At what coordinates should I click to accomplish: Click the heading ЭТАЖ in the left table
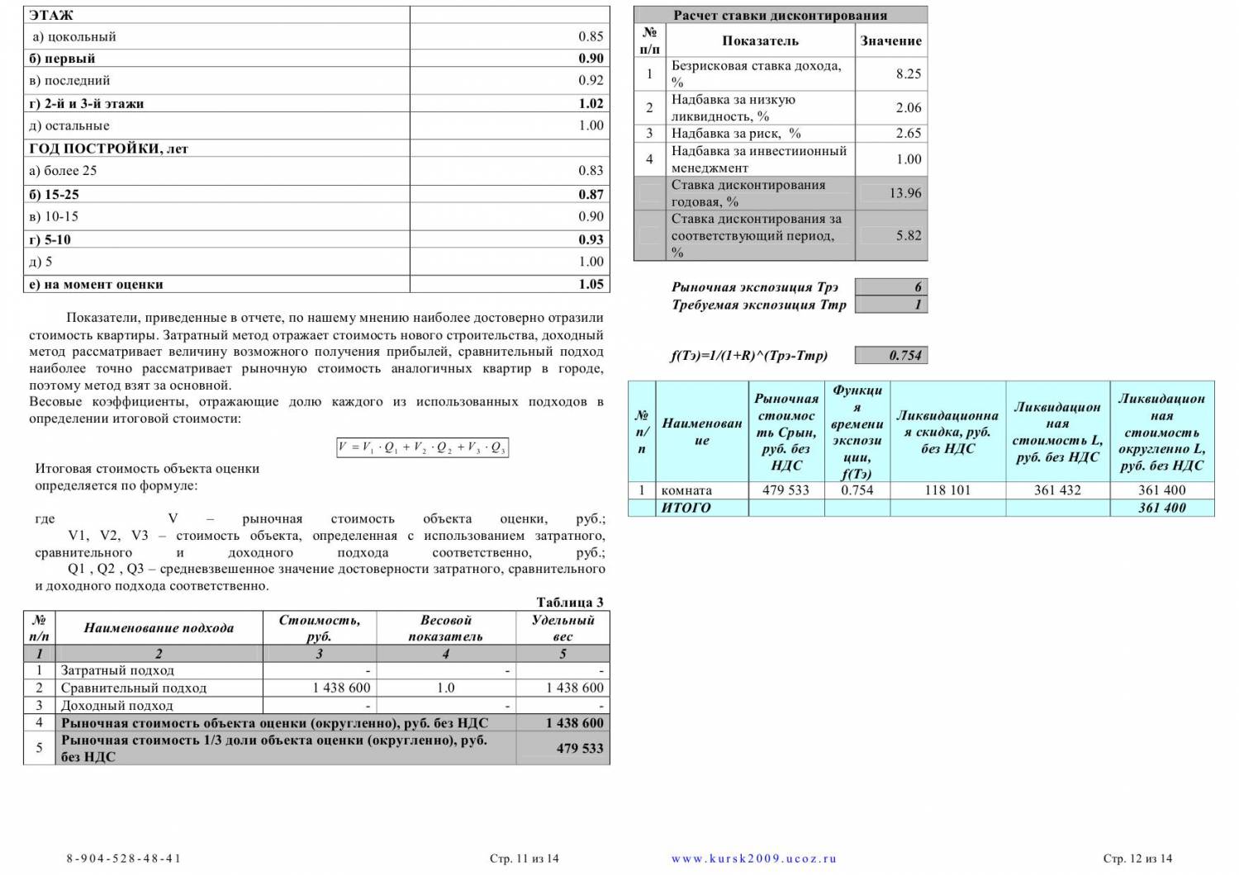51,15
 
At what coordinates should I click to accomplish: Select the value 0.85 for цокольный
591,36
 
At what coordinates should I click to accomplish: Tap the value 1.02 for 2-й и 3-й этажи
591,103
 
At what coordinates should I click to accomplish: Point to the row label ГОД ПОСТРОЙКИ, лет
108,149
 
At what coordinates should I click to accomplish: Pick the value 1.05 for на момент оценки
591,284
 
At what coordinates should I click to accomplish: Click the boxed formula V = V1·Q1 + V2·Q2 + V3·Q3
422,447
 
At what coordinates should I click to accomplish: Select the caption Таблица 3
570,602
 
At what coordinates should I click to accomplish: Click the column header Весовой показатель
445,627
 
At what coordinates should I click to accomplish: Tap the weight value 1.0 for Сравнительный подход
445,688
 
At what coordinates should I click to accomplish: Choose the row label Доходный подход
116,706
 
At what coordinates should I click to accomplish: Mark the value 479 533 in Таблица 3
579,748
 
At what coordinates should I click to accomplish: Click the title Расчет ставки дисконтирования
780,15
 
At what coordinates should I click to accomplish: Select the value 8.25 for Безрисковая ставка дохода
908,73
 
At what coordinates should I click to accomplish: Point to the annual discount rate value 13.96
904,193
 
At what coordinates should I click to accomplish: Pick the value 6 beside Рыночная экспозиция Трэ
918,287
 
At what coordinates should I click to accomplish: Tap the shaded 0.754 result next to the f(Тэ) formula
904,356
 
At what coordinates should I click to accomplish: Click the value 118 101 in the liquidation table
947,490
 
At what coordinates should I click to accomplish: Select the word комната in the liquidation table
686,490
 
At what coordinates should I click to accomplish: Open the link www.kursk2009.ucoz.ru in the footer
753,858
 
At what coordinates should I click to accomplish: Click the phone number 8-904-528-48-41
123,858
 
